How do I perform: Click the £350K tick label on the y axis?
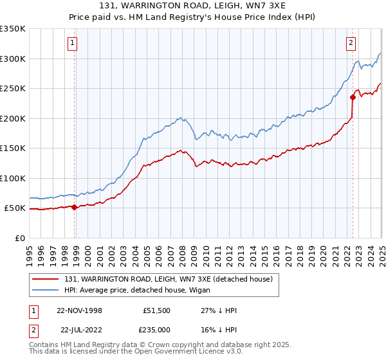pos(13,29)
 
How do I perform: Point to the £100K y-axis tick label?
pos(13,178)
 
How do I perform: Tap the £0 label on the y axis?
pos(20,238)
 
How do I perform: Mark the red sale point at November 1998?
pos(75,207)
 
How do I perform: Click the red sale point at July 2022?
pos(353,98)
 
